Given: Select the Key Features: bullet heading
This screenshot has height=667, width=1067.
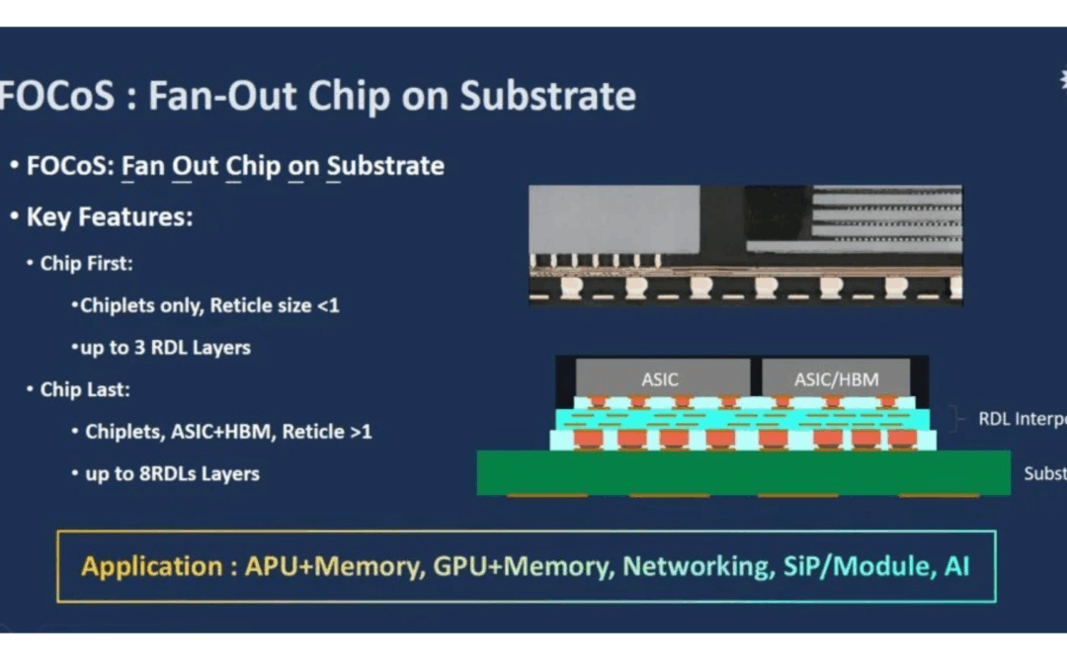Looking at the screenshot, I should click(109, 217).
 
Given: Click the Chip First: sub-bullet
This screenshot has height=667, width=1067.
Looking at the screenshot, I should click(86, 264).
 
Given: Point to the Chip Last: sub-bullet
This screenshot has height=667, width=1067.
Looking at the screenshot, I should click(85, 389).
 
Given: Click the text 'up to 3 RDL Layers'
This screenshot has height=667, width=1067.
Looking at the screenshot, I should click(165, 348).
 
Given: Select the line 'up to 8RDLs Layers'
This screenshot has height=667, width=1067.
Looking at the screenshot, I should click(172, 473).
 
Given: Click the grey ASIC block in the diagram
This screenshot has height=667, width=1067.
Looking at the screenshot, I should click(660, 377).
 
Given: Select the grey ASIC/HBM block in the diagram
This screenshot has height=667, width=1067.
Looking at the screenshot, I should click(836, 377).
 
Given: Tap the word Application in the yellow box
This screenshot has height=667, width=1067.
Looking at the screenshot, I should click(151, 566).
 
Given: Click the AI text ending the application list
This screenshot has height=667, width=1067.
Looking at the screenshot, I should click(955, 566).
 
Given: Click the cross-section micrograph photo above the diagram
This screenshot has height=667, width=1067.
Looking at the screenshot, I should click(745, 244).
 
